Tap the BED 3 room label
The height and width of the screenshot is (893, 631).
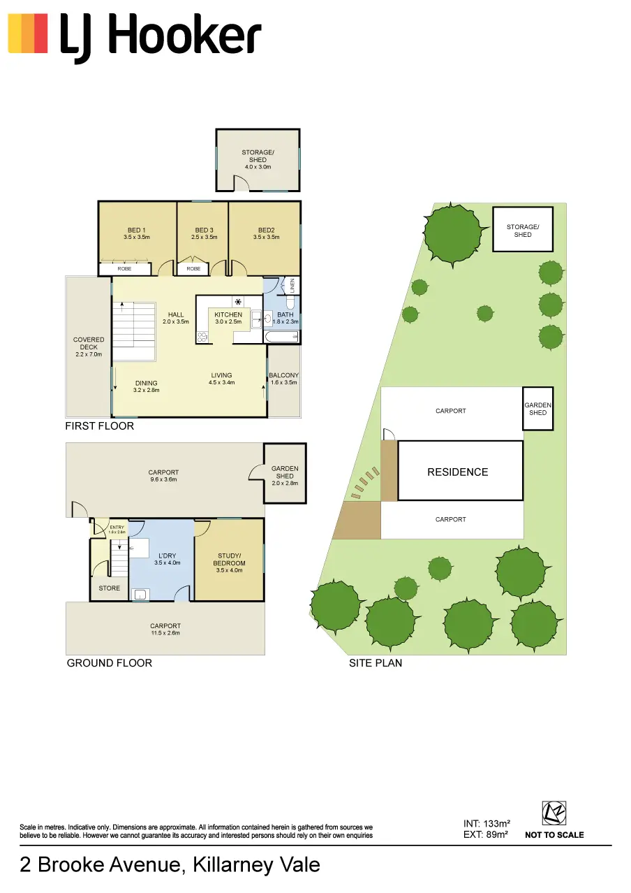(x=204, y=230)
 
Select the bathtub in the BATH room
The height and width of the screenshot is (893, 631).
(x=281, y=337)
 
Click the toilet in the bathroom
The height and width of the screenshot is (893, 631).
(x=290, y=304)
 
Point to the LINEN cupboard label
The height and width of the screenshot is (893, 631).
(x=292, y=286)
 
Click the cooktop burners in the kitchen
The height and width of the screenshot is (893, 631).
(x=202, y=337)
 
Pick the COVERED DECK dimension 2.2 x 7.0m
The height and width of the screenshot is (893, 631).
(x=89, y=354)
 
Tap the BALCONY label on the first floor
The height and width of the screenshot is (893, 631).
(x=283, y=375)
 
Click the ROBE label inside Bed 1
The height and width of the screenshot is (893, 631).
(x=124, y=269)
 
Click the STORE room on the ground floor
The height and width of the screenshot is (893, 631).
(x=109, y=588)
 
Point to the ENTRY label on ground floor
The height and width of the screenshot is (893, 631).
(x=117, y=528)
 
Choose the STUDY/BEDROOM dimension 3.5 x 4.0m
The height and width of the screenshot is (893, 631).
(x=229, y=570)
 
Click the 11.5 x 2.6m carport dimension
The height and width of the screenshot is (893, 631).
(x=165, y=632)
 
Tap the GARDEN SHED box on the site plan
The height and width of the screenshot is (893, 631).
(x=537, y=409)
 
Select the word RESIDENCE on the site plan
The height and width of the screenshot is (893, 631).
(x=458, y=472)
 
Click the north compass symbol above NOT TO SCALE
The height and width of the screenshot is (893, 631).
(x=554, y=813)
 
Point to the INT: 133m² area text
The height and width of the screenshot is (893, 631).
(x=487, y=824)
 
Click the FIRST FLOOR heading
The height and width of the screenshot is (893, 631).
(x=100, y=426)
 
